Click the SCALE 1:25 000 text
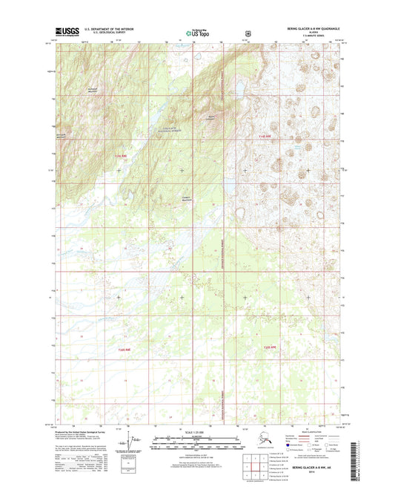(x=197, y=433)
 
